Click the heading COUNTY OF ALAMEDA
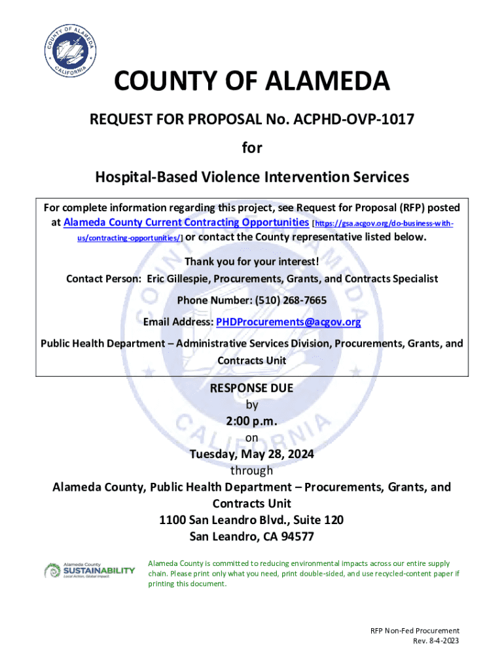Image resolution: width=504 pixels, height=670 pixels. click(x=252, y=82)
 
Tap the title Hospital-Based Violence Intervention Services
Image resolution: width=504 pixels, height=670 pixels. click(x=252, y=177)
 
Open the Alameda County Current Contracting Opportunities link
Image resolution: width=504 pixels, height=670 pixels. click(x=186, y=222)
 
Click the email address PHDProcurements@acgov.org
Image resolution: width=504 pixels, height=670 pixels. click(x=288, y=322)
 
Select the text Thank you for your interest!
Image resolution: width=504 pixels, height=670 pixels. click(x=252, y=262)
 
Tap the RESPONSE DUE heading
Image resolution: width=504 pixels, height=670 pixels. click(x=252, y=388)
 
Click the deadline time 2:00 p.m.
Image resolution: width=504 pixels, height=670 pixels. click(x=252, y=421)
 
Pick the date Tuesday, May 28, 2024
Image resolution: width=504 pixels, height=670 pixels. click(x=252, y=454)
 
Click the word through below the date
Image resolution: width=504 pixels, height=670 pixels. click(x=252, y=470)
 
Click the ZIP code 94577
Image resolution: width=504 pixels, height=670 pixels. click(x=294, y=537)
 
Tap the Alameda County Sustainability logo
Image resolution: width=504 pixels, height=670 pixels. click(x=89, y=570)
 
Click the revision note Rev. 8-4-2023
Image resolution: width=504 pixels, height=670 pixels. click(x=436, y=641)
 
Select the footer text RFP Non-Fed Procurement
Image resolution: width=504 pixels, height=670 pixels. click(x=415, y=631)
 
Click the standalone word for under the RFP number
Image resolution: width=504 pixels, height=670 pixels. click(x=252, y=149)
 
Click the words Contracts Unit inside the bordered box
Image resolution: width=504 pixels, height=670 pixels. click(x=252, y=361)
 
